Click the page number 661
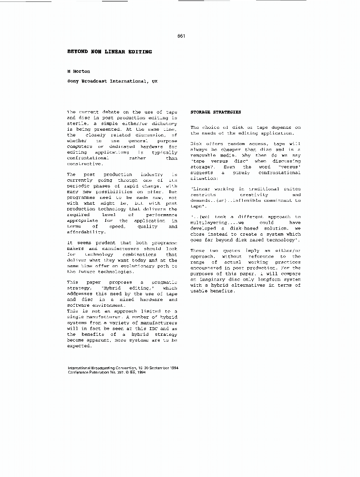181,36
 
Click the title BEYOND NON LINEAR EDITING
110,51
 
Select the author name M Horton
79,71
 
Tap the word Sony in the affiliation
73,82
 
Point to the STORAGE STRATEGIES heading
216,112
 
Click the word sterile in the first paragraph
77,123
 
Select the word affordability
86,232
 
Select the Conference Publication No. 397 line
107,373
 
